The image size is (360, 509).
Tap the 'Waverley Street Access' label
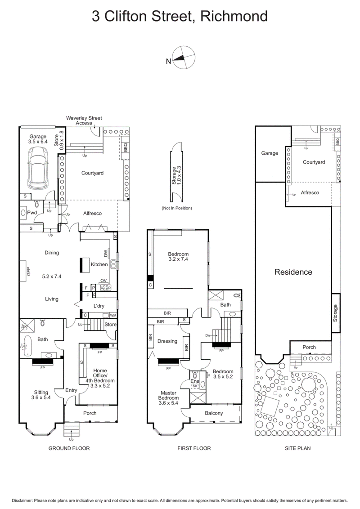84,120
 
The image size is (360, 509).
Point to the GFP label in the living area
28,272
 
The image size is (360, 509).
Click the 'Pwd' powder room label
31,213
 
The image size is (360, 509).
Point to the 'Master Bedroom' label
169,395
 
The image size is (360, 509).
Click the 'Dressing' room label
167,341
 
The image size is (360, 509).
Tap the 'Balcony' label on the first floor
214,413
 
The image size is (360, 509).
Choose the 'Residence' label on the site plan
293,272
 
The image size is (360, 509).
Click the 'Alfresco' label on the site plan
310,192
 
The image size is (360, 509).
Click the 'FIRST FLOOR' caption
194,448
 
